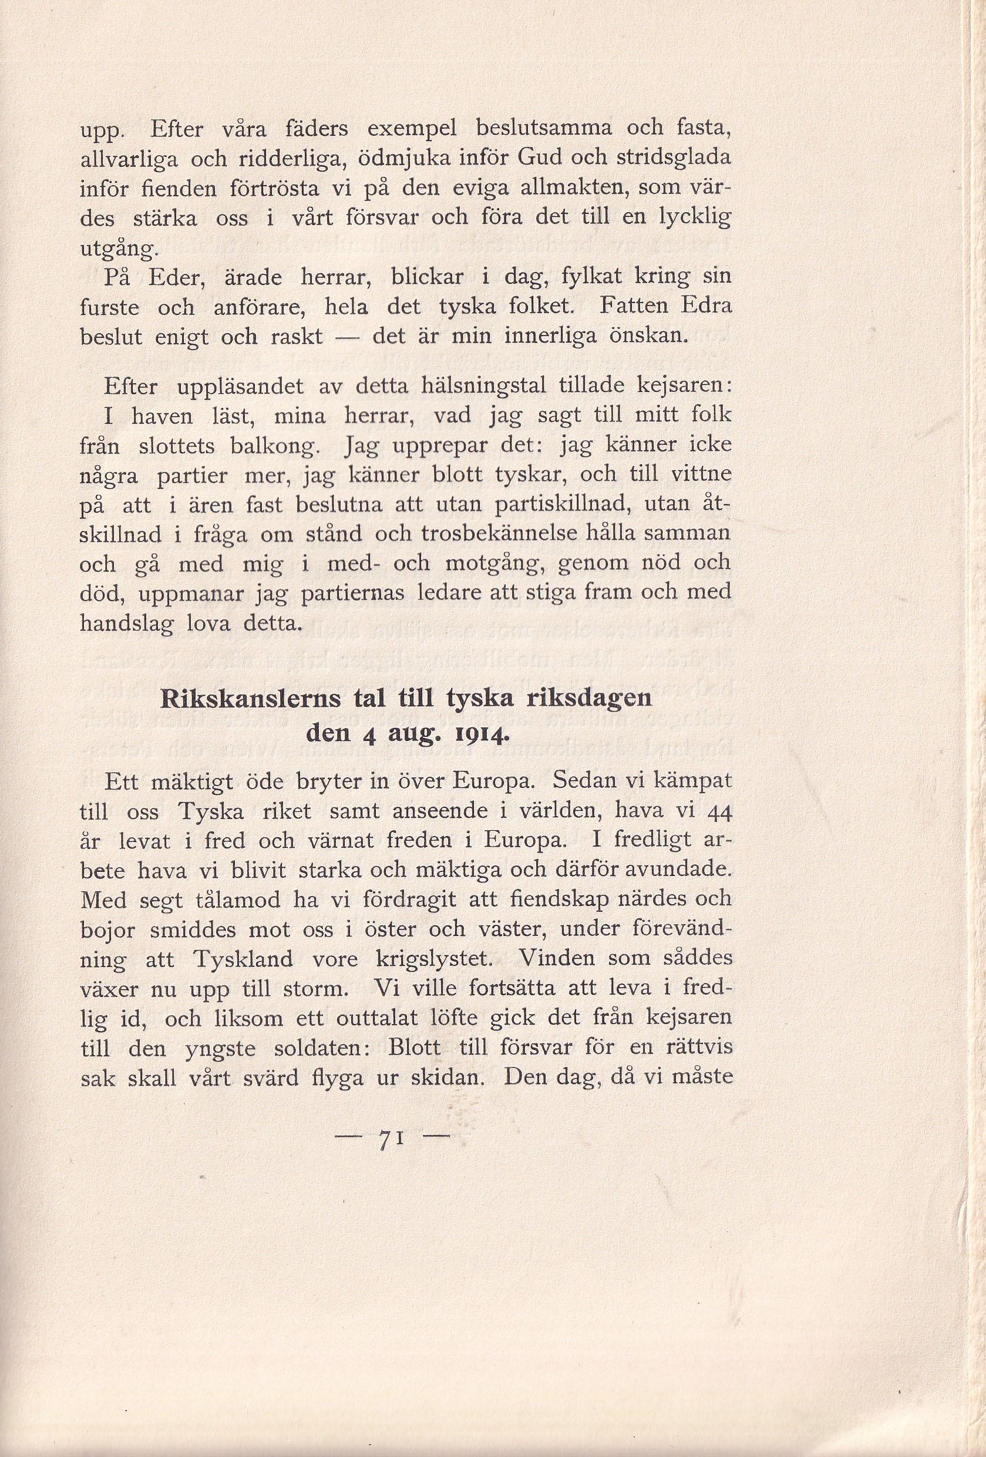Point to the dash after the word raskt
click(x=347, y=337)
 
